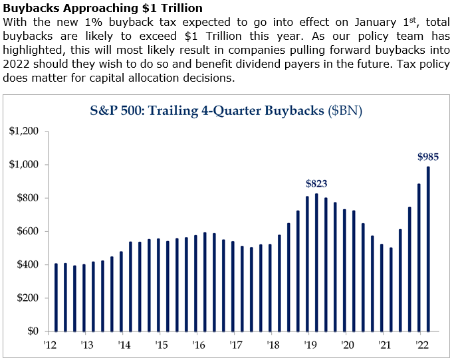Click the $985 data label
click(x=428, y=157)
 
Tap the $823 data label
click(x=316, y=184)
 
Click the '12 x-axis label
click(x=49, y=345)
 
